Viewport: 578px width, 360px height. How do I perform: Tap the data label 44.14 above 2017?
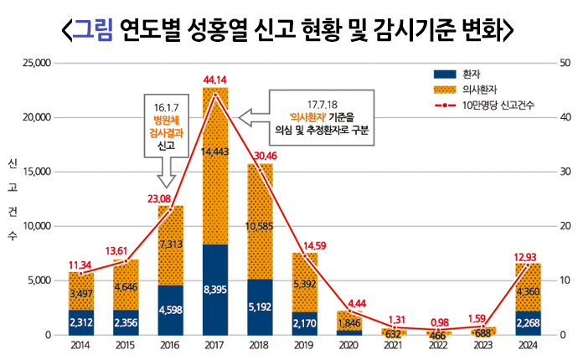coord(215,80)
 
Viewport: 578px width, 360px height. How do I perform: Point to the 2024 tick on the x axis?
coord(528,345)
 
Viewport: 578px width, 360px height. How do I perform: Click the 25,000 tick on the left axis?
coord(38,63)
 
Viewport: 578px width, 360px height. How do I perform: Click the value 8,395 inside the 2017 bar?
coord(215,290)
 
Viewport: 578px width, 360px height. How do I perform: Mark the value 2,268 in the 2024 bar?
coord(528,321)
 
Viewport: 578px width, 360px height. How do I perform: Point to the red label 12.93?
coord(528,255)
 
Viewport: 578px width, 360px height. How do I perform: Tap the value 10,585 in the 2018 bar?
coord(260,226)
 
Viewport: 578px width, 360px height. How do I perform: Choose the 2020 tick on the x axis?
coord(349,345)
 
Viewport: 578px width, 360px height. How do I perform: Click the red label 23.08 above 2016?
coord(170,198)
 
